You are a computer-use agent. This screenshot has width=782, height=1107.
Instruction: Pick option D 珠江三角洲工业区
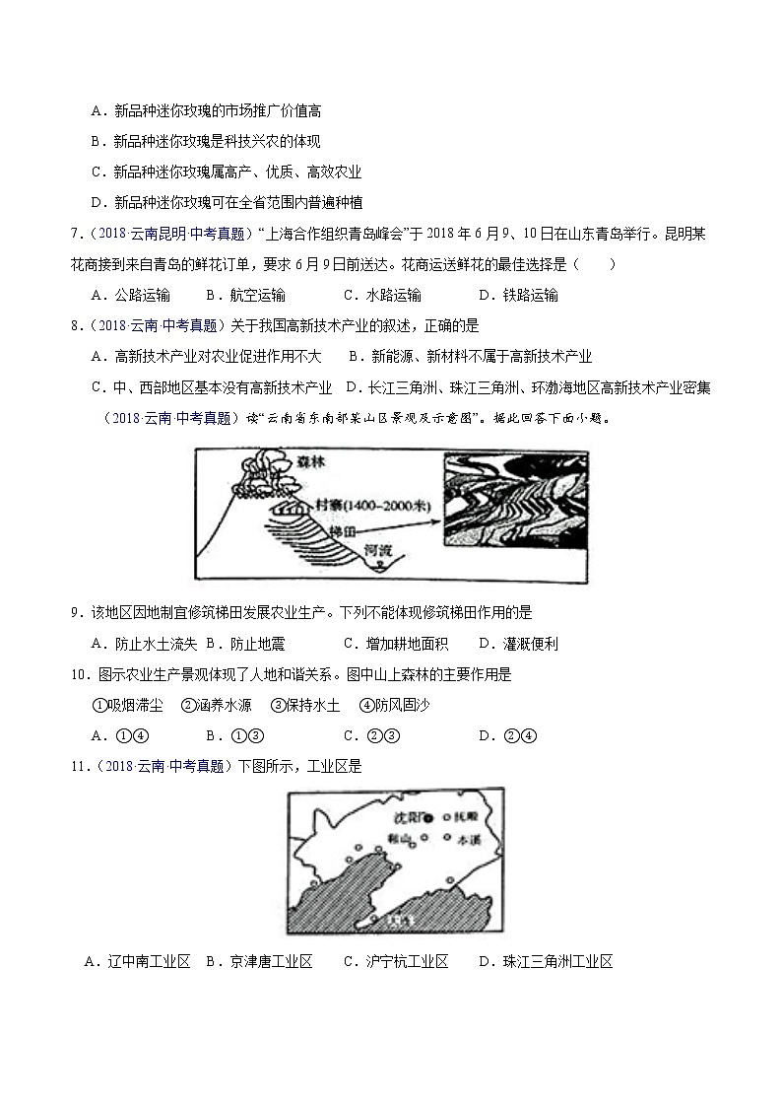click(x=546, y=962)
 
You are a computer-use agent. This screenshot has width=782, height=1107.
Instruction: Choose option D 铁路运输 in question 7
click(x=518, y=295)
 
